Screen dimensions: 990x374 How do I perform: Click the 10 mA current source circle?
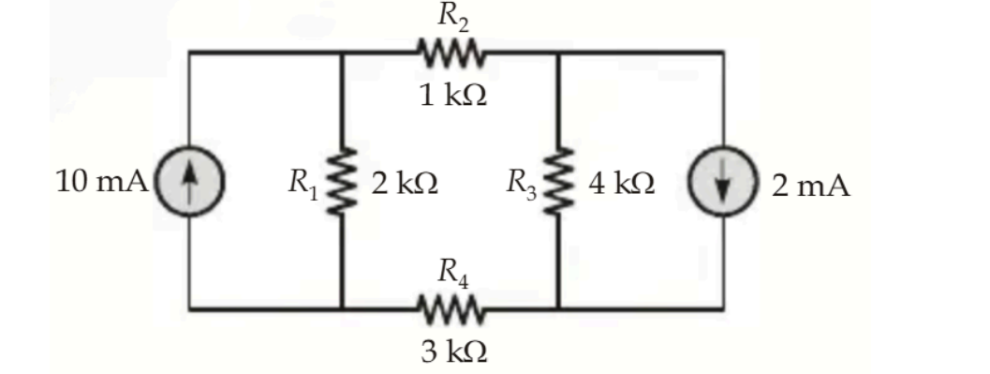click(189, 182)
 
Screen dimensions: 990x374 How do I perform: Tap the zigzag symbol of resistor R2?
click(451, 53)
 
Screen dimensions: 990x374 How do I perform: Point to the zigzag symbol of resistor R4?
click(451, 309)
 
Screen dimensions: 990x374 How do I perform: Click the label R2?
click(453, 17)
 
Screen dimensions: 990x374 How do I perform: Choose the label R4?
click(453, 273)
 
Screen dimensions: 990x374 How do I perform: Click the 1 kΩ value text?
click(453, 96)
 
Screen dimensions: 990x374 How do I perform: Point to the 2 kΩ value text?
click(405, 184)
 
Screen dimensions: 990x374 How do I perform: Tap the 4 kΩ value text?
click(621, 184)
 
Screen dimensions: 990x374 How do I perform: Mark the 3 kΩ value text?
click(453, 352)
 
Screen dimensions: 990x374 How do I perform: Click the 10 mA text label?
click(102, 183)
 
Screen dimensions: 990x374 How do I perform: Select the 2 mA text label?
click(811, 185)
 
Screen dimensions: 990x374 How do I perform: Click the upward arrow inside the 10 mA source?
click(189, 182)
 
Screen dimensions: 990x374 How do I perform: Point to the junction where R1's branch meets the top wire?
click(342, 52)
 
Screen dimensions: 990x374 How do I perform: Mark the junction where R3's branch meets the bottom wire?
click(558, 309)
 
